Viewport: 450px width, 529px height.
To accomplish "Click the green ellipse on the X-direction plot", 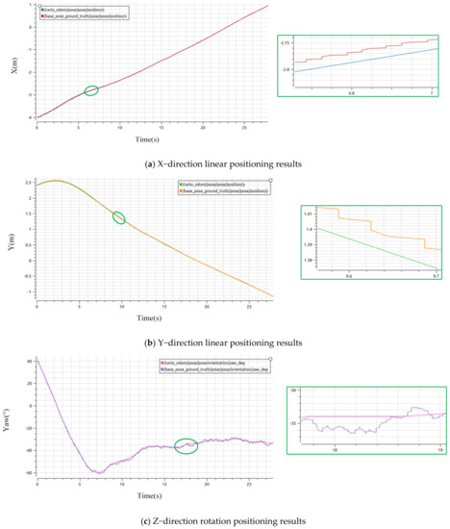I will (91, 90).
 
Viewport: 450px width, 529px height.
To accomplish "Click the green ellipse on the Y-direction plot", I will (119, 217).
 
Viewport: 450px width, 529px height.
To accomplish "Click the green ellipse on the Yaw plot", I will (186, 418).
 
